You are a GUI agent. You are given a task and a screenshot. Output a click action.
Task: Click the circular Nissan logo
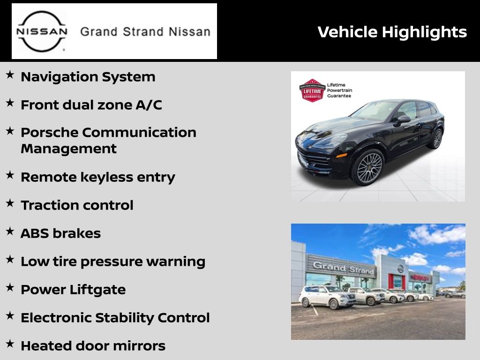pyautogui.click(x=42, y=31)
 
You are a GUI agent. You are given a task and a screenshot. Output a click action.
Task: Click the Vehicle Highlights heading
pyautogui.click(x=392, y=32)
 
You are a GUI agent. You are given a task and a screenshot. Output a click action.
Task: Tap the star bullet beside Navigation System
pyautogui.click(x=10, y=75)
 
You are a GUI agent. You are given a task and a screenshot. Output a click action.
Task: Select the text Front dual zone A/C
pyautogui.click(x=91, y=105)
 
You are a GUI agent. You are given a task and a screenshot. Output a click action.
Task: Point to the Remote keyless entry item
pyautogui.click(x=98, y=177)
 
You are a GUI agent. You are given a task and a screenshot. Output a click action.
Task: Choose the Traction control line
pyautogui.click(x=77, y=205)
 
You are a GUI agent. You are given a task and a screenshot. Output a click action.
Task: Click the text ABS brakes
pyautogui.click(x=60, y=233)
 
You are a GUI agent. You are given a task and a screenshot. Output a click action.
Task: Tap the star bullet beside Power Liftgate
pyautogui.click(x=10, y=287)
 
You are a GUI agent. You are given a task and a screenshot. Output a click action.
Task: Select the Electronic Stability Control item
pyautogui.click(x=115, y=318)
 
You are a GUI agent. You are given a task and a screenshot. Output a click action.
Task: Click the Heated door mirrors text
pyautogui.click(x=93, y=346)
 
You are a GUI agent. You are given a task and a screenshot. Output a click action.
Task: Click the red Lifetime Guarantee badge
pyautogui.click(x=312, y=90)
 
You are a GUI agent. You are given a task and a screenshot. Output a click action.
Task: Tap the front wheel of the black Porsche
pyautogui.click(x=369, y=168)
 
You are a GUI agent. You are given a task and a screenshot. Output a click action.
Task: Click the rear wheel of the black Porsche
pyautogui.click(x=437, y=139)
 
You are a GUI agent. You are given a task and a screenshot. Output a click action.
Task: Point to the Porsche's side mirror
pyautogui.click(x=403, y=120)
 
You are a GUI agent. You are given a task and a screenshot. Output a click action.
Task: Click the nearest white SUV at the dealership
pyautogui.click(x=327, y=296)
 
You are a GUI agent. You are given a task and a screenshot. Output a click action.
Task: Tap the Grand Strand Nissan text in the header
pyautogui.click(x=145, y=32)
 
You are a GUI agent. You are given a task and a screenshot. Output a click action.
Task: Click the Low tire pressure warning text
pyautogui.click(x=113, y=262)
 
